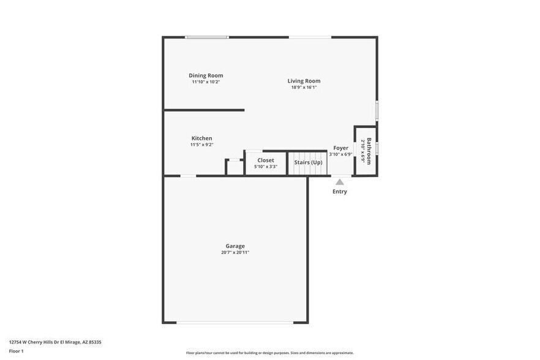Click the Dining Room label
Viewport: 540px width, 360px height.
point(206,75)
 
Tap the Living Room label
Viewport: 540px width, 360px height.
point(304,81)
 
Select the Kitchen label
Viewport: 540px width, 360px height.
point(201,138)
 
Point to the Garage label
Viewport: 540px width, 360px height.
point(235,246)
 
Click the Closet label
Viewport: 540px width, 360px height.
point(266,160)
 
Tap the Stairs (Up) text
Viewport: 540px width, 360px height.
point(308,162)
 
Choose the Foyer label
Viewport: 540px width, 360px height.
point(340,148)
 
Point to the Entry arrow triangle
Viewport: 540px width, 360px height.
point(339,181)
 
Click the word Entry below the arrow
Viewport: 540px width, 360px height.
point(339,192)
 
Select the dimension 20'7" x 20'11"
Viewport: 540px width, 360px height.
point(235,253)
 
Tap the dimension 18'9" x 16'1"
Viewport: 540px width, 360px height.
point(304,88)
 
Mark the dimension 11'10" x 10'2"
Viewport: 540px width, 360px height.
point(206,82)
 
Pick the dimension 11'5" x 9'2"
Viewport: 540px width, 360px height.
point(201,145)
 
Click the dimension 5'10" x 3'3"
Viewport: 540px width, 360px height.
point(266,167)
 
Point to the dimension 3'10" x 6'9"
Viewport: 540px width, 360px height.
point(340,154)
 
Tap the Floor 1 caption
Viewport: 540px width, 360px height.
point(16,351)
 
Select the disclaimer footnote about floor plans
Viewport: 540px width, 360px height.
point(270,353)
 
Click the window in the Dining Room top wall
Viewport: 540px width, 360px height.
point(207,37)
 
